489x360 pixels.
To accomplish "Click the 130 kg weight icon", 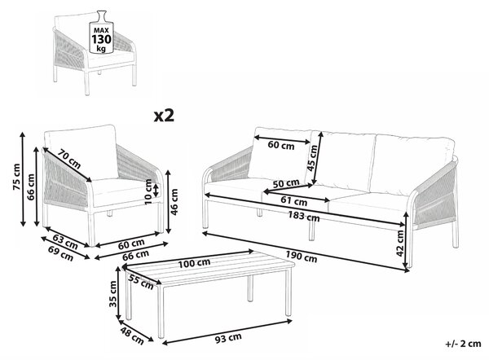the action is pos(100,32).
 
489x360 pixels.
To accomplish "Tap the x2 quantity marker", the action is pos(164,116).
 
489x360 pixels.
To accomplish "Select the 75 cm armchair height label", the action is pos(16,177).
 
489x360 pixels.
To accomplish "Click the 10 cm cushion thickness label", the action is pos(148,191).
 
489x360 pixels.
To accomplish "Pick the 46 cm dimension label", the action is pos(174,202).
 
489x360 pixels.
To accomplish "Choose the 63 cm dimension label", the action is pos(65,242).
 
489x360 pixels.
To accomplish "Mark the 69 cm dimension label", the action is pos(61,253).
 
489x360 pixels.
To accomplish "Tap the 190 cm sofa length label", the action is pos(302,257).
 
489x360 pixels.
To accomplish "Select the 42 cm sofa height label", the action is pos(400,244).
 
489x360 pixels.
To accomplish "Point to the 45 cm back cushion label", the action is pos(312,158).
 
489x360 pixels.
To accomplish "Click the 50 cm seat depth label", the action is pos(286,183).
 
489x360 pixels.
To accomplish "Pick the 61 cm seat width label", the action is pos(293,201).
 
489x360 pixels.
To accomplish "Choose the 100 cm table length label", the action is pos(194,263).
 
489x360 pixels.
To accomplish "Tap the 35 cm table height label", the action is pos(113,294).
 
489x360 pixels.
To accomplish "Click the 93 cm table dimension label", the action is pos(228,338).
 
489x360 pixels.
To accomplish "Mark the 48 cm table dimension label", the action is pos(132,335).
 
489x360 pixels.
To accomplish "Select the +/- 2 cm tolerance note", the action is pos(464,344).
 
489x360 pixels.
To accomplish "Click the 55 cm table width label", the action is pos(141,282).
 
